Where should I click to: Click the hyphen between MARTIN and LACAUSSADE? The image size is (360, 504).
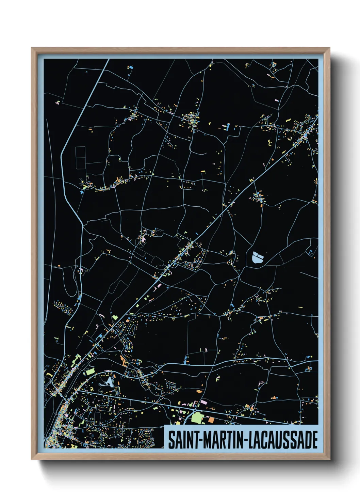pos(244,440)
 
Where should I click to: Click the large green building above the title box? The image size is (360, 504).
pos(197,418)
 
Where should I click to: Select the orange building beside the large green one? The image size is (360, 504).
pos(211,420)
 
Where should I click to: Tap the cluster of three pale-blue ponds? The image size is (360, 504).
pos(258,257)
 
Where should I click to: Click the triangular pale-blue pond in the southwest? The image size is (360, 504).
pos(108,382)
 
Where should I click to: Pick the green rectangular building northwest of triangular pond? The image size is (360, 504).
pos(90,372)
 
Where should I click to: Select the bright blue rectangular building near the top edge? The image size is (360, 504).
pos(131,67)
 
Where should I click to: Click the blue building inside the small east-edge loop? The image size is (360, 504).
pos(311,252)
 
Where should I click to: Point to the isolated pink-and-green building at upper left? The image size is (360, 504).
pos(58,102)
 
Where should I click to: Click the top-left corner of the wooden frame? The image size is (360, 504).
pos(32,48)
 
